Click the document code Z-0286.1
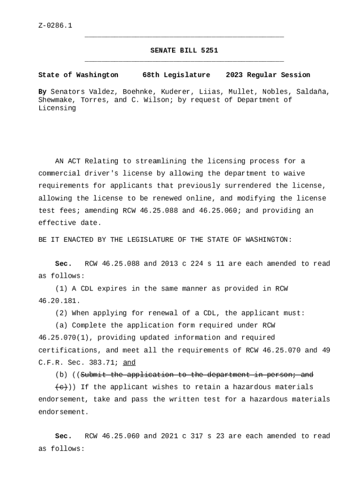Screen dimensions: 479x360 (55, 26)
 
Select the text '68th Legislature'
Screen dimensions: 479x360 (176, 75)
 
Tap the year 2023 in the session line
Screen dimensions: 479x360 (234, 75)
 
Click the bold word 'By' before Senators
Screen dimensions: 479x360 (42, 92)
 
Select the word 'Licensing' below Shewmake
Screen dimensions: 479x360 (57, 109)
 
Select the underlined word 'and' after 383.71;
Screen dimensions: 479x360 (129, 363)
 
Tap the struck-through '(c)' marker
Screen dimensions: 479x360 (61, 387)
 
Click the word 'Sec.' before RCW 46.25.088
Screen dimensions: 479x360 (63, 264)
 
